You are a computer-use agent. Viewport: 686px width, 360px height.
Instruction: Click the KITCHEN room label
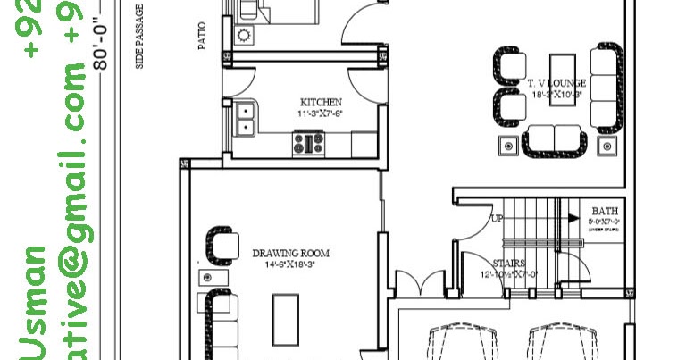point(321,102)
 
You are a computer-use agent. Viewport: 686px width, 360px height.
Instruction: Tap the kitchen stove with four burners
point(309,143)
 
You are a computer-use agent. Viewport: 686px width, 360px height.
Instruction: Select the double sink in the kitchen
point(244,120)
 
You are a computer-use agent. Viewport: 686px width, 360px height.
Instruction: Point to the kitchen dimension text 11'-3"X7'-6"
point(321,113)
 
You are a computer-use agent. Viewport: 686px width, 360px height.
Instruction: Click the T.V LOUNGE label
point(556,83)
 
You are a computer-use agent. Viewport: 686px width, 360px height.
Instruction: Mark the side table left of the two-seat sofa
point(508,146)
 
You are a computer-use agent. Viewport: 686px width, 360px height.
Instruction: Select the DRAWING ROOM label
point(289,253)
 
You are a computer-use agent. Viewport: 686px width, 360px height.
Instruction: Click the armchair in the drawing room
point(222,244)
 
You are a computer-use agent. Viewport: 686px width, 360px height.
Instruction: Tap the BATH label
point(599,212)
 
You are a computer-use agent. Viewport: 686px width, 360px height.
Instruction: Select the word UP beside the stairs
point(498,218)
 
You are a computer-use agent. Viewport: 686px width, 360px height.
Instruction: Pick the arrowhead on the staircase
point(570,216)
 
